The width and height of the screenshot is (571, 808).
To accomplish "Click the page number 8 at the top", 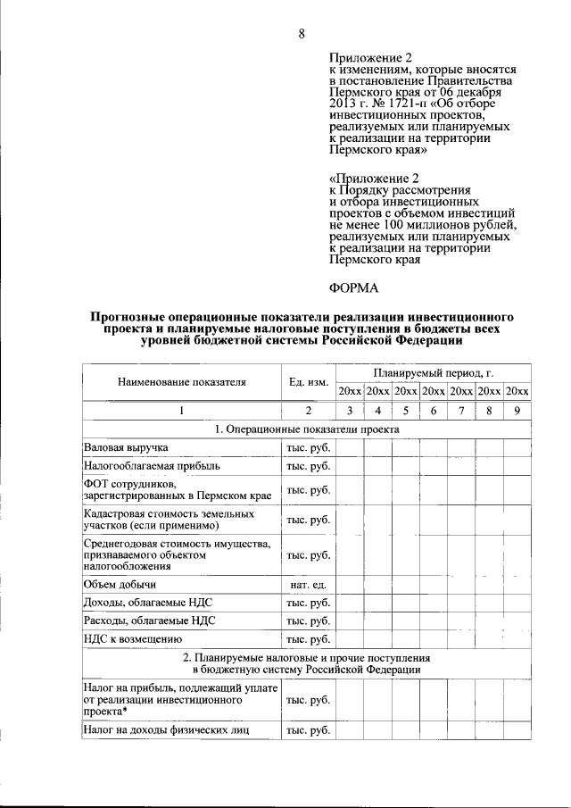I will [302, 34].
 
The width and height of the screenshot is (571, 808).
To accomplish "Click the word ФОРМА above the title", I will [354, 287].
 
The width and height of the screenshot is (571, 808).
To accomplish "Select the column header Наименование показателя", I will [181, 382].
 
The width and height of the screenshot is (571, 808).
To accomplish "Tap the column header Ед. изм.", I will [308, 382].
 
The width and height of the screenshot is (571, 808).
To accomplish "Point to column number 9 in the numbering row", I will [517, 411].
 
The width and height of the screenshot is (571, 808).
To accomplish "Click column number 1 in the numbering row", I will [181, 411].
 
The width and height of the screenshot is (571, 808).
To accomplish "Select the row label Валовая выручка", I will [126, 446].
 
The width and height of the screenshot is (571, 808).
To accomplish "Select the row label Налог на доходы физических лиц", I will [166, 729].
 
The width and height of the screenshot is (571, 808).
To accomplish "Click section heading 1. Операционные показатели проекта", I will [307, 429].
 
